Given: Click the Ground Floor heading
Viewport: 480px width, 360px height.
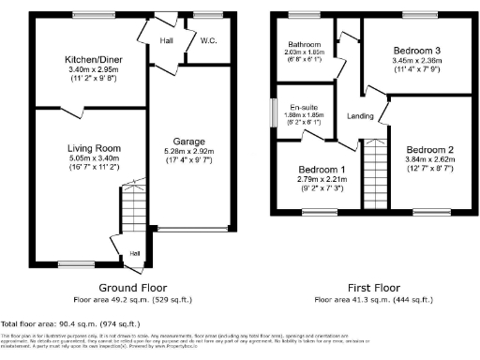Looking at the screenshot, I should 132,288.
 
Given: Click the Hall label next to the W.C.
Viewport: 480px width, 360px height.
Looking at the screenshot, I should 167,41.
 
